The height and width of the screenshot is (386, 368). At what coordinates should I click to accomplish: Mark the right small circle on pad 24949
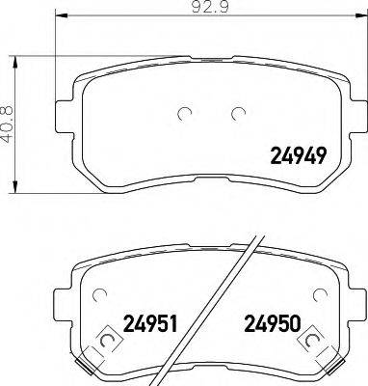tap(235, 115)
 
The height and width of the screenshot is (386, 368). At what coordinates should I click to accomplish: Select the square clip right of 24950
tap(313, 340)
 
